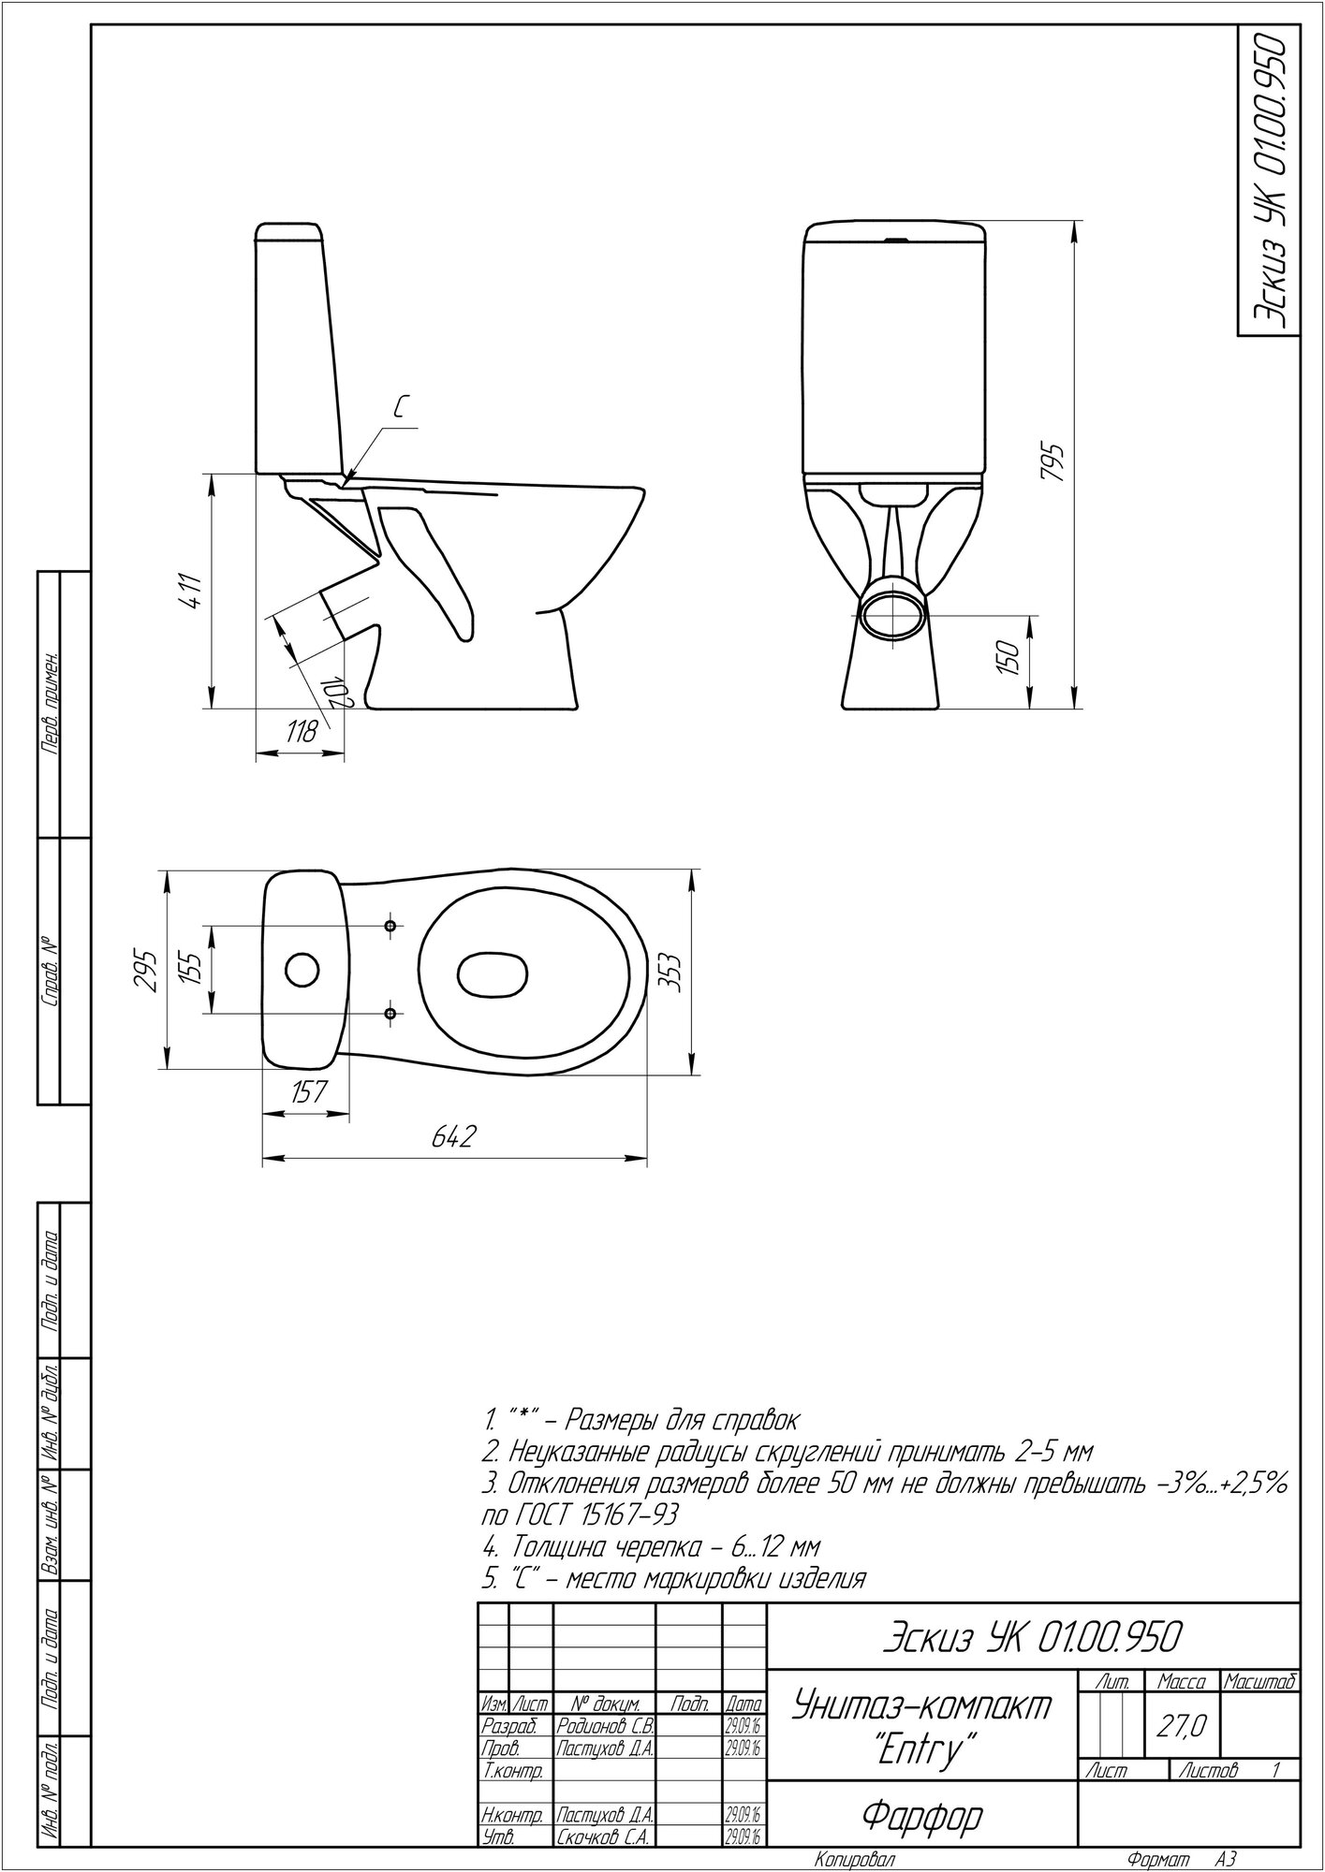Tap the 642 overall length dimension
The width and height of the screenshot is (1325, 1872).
click(454, 1137)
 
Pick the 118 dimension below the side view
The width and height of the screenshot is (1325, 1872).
click(302, 734)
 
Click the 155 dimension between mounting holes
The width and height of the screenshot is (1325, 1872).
click(192, 970)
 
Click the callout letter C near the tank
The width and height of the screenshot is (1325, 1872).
click(400, 406)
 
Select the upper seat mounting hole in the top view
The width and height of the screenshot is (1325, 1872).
click(391, 926)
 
